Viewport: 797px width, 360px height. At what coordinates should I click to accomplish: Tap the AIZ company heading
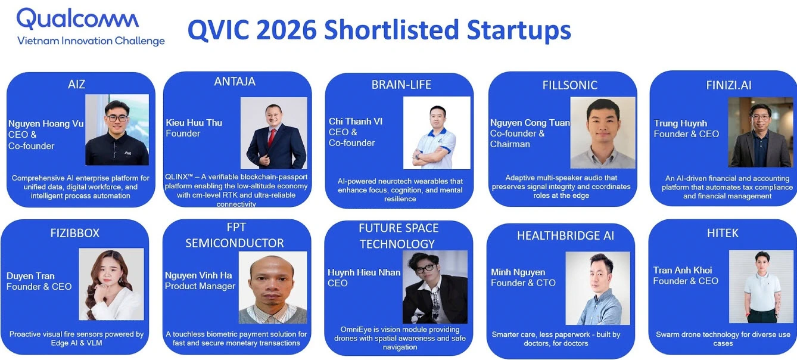(76, 85)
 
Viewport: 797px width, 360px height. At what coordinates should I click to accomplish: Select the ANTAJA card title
(235, 82)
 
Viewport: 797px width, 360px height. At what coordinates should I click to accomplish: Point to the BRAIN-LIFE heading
(401, 85)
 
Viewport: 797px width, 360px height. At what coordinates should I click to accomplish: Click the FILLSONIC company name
(569, 85)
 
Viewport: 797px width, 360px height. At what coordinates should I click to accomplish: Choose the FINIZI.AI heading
(728, 85)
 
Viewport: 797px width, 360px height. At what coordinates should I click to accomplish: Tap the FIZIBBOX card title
(74, 233)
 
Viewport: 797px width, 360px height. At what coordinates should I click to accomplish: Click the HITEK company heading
(723, 233)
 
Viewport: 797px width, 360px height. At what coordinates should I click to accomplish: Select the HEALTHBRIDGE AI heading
(565, 235)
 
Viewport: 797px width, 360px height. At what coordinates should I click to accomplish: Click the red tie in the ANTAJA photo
(272, 138)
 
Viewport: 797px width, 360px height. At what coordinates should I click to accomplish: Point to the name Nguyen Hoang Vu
(46, 123)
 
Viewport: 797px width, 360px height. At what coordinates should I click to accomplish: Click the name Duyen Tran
(30, 276)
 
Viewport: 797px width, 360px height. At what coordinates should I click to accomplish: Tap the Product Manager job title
(200, 286)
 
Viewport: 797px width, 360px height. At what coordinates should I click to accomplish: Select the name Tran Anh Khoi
(683, 270)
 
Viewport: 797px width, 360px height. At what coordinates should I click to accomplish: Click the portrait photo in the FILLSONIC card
(602, 133)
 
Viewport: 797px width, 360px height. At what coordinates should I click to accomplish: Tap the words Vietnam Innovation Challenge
(91, 41)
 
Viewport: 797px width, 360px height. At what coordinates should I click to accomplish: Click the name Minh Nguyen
(518, 272)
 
